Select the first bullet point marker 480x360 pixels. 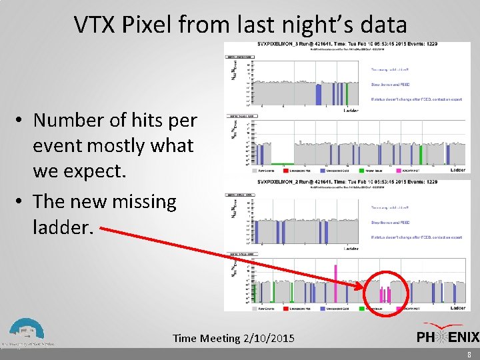tap(22, 121)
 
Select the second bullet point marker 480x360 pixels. tap(22, 202)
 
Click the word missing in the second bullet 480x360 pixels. tap(136, 202)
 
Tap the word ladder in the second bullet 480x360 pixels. tap(61, 227)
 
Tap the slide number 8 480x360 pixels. tap(469, 355)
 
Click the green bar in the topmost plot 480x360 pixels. tap(349, 94)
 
